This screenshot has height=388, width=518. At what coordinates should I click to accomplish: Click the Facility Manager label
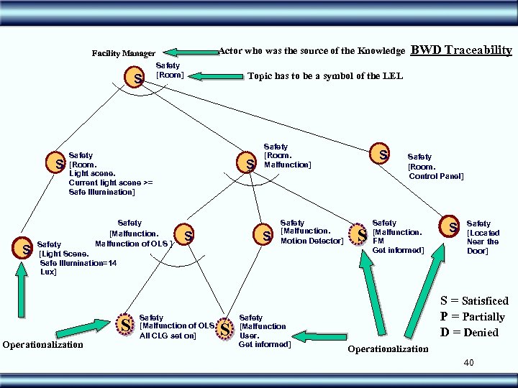click(x=123, y=54)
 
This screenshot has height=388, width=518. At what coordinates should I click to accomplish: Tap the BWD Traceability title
click(x=461, y=50)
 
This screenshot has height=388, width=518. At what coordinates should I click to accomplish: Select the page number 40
click(x=468, y=364)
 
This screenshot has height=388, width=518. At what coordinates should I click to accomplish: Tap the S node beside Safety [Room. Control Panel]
click(x=383, y=154)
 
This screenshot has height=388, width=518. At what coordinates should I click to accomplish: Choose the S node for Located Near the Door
click(x=453, y=227)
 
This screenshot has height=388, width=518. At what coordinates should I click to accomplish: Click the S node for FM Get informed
click(x=362, y=234)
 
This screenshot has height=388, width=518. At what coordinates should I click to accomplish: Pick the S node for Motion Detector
click(x=267, y=235)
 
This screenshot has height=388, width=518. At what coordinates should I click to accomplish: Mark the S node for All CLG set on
click(x=125, y=325)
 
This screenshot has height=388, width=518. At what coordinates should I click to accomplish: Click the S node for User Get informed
click(x=225, y=330)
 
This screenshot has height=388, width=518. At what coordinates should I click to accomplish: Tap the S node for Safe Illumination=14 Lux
click(x=27, y=249)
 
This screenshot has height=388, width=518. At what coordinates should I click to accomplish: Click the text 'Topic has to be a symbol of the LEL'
click(x=325, y=76)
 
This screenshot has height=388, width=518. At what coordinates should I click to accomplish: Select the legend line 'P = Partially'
click(x=472, y=317)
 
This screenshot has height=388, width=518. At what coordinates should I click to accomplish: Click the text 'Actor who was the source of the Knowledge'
click(x=311, y=51)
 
